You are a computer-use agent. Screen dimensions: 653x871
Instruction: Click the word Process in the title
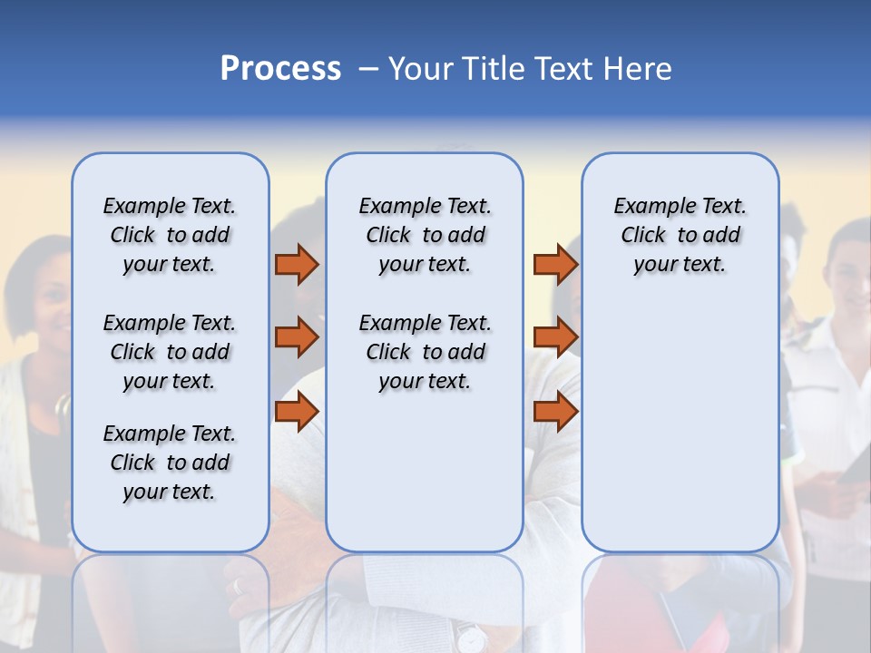tap(280, 69)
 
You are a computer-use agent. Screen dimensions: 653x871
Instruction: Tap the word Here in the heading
tap(639, 69)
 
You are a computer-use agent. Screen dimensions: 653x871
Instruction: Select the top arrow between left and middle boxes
tap(297, 265)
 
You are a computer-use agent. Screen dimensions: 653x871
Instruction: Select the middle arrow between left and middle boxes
tap(297, 337)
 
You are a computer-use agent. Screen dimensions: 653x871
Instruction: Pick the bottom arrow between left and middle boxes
tap(297, 412)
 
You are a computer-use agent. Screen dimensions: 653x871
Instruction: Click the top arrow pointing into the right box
tap(555, 265)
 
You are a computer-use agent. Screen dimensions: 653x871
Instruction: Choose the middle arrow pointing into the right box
tap(555, 337)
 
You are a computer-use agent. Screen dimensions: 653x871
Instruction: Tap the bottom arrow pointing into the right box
tap(555, 412)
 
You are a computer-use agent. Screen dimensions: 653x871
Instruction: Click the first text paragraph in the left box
tap(170, 235)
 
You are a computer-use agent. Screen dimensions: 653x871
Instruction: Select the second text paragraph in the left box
tap(170, 352)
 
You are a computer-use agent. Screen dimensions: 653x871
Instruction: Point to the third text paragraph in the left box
tap(170, 463)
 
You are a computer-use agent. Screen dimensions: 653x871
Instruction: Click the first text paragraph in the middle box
tap(425, 235)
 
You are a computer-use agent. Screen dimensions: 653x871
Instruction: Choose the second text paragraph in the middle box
tap(425, 352)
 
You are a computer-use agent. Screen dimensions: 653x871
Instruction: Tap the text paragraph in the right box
tap(680, 235)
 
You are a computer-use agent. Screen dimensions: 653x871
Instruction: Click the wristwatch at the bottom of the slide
tap(470, 638)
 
